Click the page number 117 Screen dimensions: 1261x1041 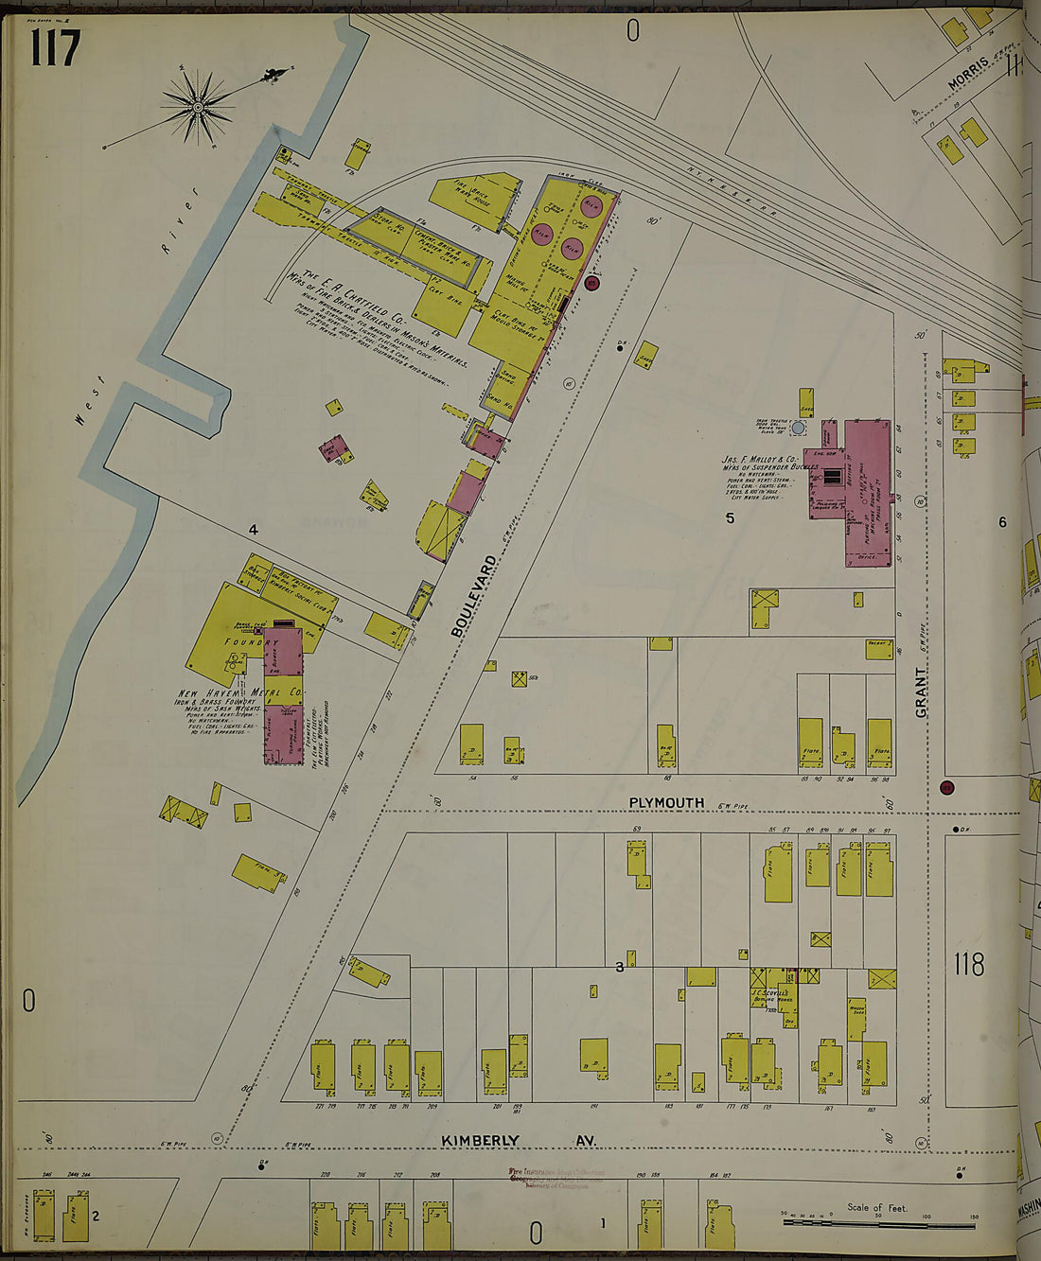coord(55,48)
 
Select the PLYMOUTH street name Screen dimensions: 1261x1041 coord(667,803)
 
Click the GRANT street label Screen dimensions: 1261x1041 coord(922,692)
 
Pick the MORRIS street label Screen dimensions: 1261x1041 coord(969,73)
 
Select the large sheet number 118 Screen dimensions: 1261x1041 coord(969,964)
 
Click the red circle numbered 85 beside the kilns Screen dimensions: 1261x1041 coord(593,282)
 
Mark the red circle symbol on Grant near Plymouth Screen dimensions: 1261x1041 coord(946,788)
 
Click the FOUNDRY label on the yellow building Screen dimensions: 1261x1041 coord(248,642)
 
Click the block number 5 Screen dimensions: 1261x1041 coord(730,518)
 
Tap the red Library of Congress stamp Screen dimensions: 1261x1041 coord(556,1179)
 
